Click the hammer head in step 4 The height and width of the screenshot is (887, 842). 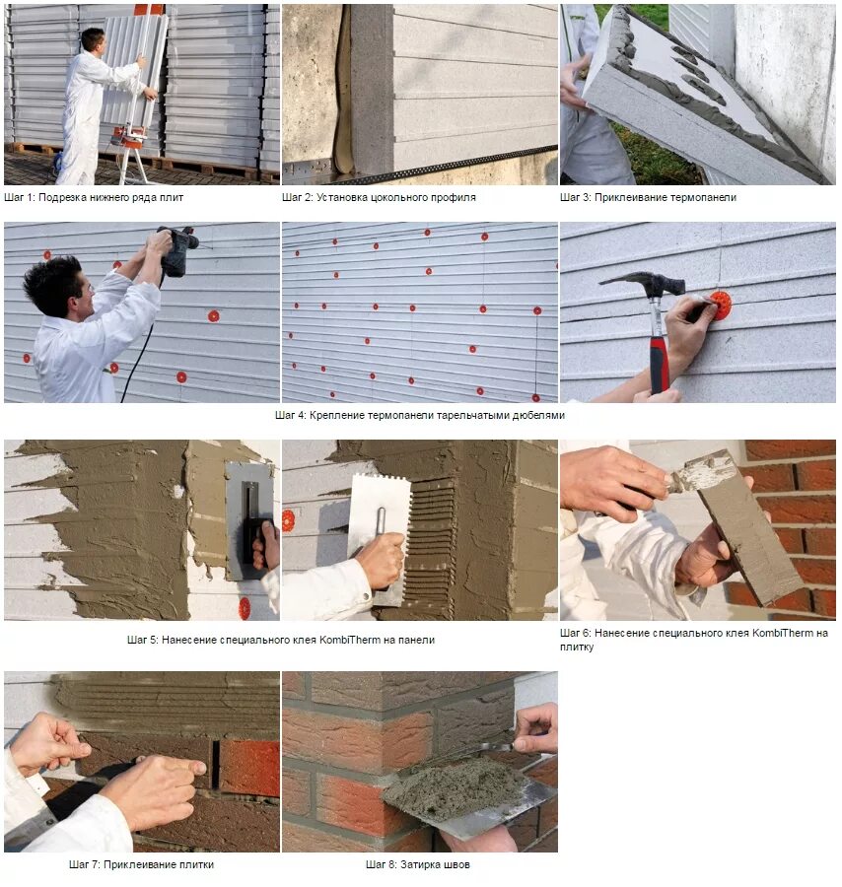[x=643, y=283]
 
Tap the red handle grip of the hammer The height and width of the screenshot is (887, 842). [x=660, y=365]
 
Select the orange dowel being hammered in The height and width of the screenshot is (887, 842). [x=721, y=305]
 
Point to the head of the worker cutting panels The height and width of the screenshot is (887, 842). [x=93, y=39]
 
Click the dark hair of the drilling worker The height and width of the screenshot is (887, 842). [x=51, y=283]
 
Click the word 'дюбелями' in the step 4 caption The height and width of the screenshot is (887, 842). [x=538, y=415]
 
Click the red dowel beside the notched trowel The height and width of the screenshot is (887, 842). [x=288, y=520]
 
